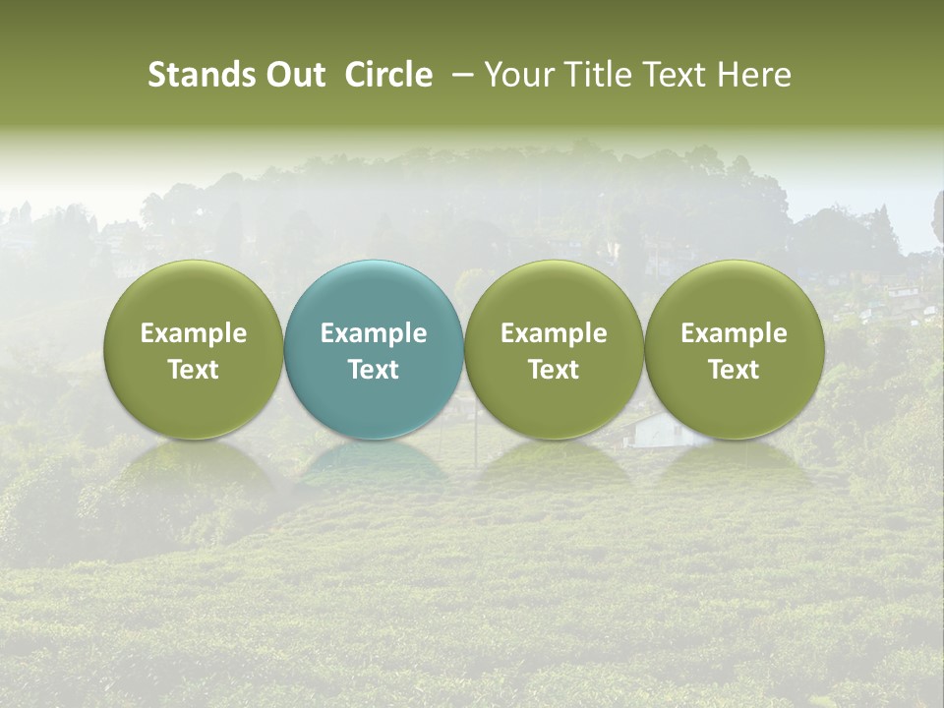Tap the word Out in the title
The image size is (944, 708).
292,75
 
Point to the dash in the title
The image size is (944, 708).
459,76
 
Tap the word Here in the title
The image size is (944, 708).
756,75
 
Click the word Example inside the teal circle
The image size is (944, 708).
374,333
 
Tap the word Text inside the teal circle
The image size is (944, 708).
374,370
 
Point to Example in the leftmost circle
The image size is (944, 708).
193,333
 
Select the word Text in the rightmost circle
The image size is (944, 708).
735,370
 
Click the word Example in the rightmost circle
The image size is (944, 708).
735,333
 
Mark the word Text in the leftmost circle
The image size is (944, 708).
193,370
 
